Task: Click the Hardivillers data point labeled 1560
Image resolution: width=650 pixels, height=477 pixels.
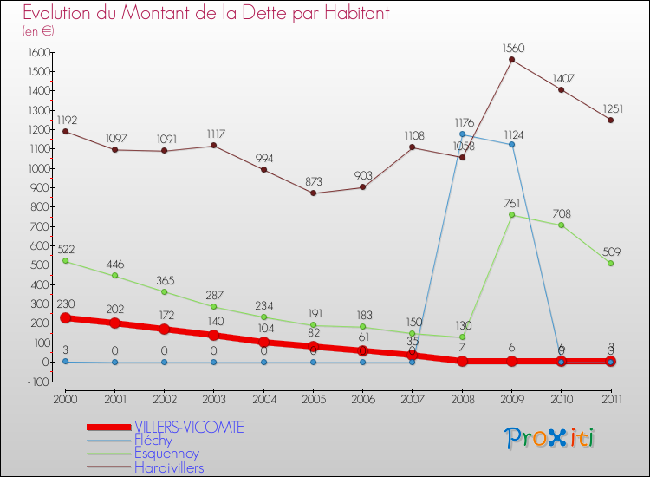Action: tap(511, 60)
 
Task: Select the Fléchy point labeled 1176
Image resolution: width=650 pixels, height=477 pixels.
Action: tap(462, 134)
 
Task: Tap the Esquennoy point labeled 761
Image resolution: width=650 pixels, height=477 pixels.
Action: tap(511, 215)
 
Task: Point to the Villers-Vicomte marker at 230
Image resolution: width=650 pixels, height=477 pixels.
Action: tap(65, 317)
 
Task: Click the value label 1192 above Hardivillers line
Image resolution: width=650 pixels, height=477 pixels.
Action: tap(66, 119)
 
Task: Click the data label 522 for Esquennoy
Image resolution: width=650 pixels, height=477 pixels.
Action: tap(66, 249)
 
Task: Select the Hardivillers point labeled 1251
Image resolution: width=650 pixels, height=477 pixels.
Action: tap(610, 120)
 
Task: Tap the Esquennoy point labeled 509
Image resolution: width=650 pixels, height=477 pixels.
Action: tap(610, 263)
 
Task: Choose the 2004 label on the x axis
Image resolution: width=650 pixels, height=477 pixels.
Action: tap(263, 398)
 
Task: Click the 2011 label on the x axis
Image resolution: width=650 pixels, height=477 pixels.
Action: tap(610, 398)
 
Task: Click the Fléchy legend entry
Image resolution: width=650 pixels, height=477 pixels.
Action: tap(153, 440)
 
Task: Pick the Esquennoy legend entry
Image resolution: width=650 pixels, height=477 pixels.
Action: tap(166, 453)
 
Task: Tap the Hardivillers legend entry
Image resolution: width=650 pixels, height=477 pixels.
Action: tap(169, 467)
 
